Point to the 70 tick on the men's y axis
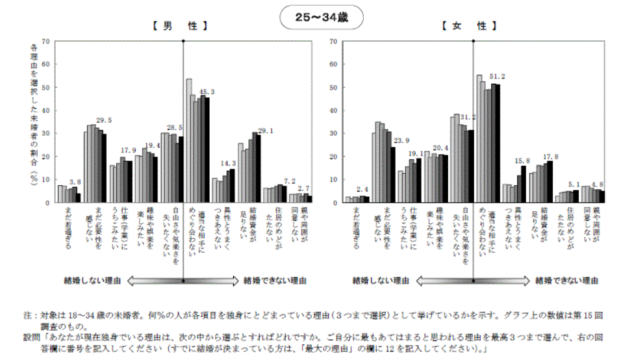[45, 41]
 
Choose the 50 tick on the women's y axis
[333, 87]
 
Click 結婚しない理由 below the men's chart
[90, 281]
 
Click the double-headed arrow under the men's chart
[183, 281]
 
